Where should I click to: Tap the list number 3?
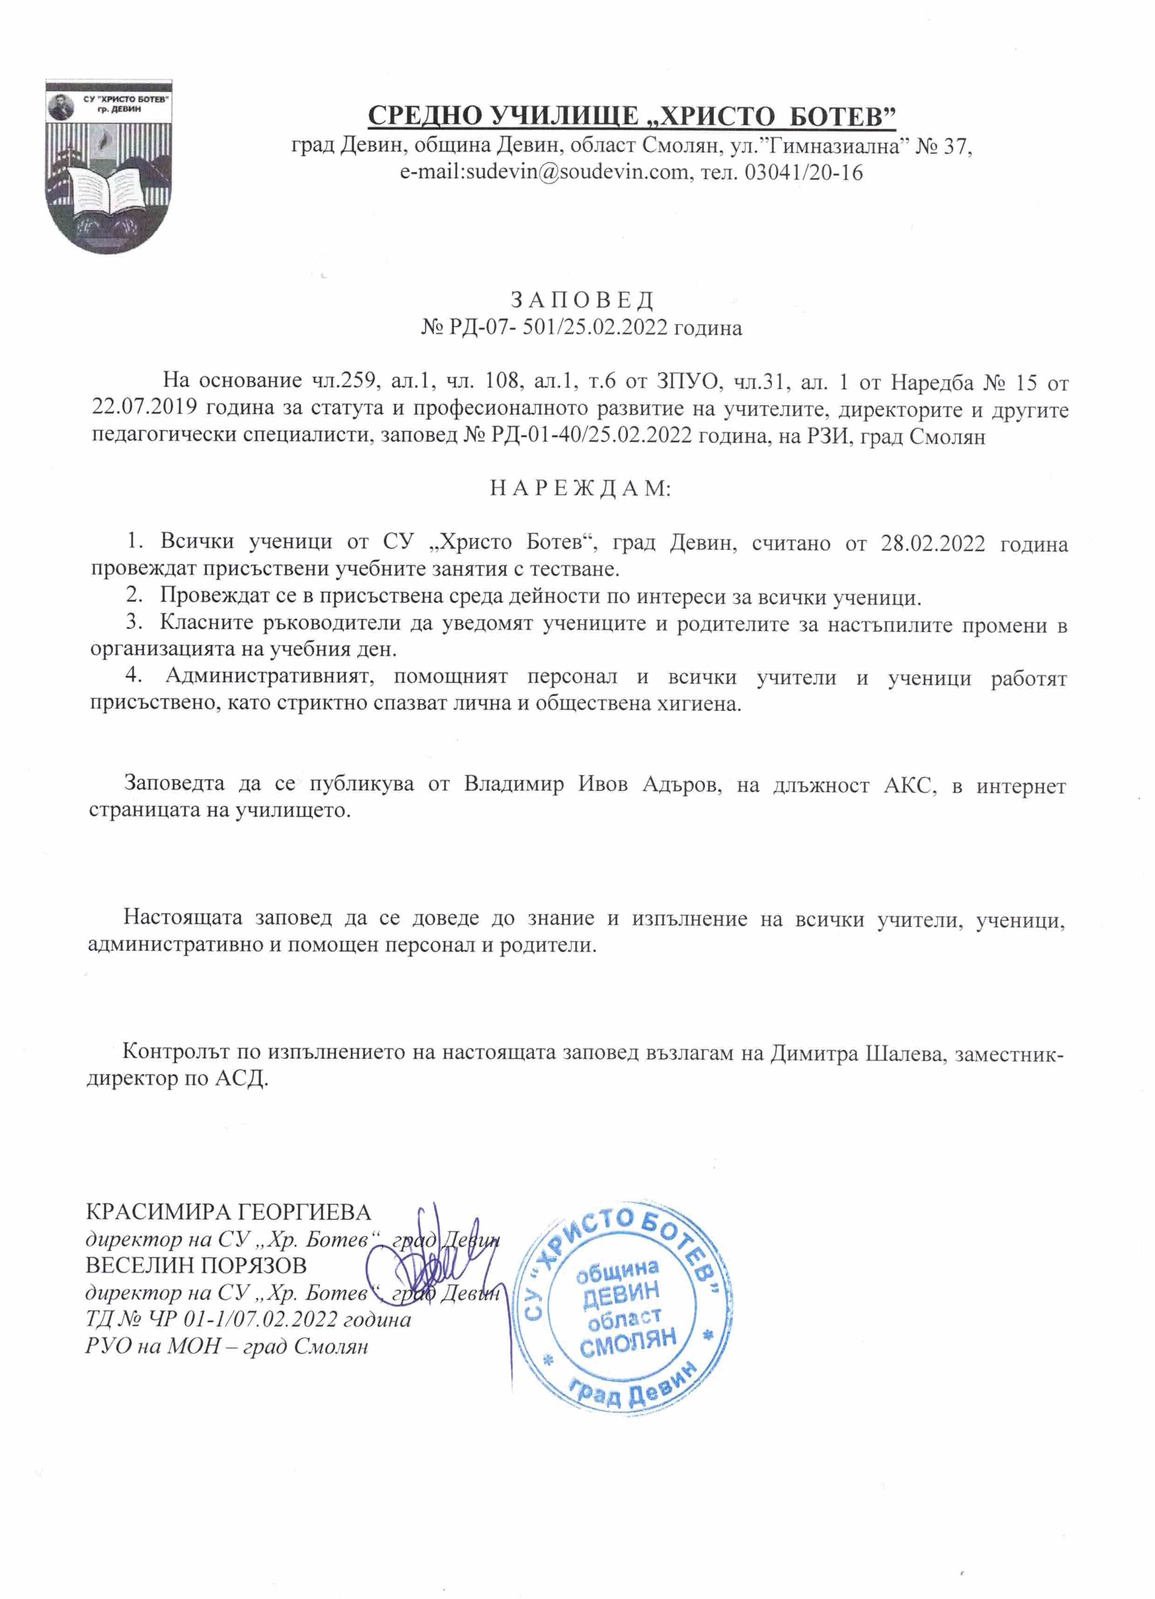pyautogui.click(x=133, y=623)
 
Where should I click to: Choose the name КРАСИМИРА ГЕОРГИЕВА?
pyautogui.click(x=228, y=1213)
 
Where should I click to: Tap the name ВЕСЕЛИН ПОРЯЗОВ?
pyautogui.click(x=196, y=1266)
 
